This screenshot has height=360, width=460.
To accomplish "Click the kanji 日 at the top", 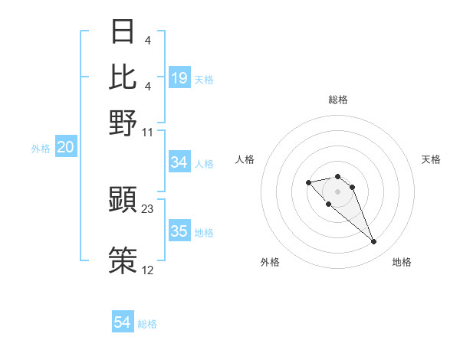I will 123,31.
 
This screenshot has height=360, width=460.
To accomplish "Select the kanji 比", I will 123,76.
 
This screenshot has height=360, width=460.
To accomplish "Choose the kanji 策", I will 123,258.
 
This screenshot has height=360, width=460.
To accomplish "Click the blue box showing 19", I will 179,78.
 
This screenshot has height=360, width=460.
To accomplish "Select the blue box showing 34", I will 179,162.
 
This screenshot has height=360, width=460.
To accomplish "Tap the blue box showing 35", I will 179,232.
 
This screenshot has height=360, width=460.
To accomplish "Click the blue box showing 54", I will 123,323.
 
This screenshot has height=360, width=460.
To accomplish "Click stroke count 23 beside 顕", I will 148,208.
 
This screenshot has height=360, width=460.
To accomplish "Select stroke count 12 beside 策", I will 148,270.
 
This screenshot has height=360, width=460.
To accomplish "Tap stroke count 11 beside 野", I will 148,133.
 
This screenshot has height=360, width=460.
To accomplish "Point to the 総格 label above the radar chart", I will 338,100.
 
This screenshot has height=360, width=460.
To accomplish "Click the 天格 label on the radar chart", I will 431,159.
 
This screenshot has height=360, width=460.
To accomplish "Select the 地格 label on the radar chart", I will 402,262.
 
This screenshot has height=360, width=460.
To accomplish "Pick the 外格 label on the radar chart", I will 270,262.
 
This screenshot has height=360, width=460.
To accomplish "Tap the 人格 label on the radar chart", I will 245,159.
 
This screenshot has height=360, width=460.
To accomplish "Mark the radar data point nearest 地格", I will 373,242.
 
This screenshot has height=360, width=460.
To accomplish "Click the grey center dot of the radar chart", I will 337,191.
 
